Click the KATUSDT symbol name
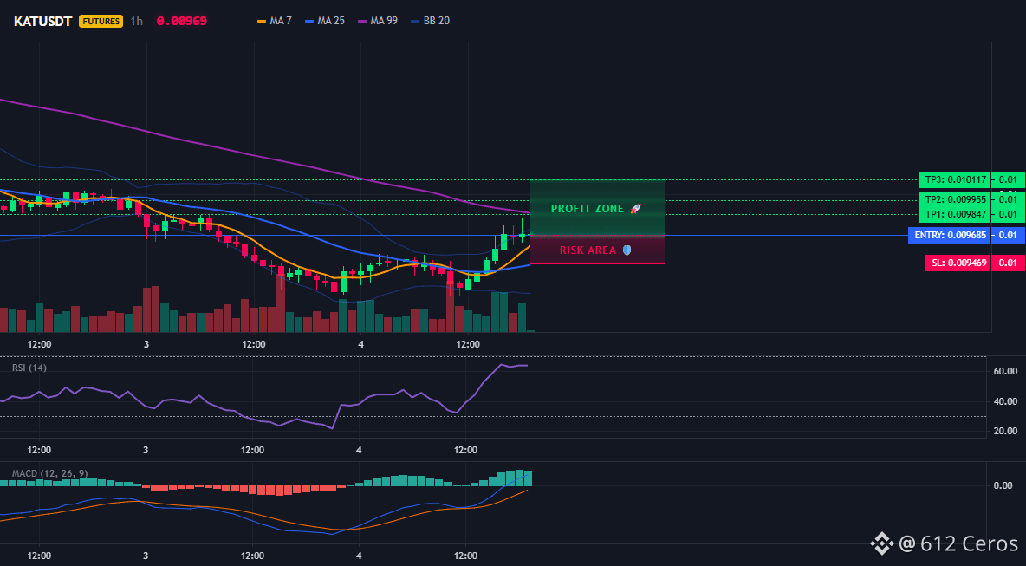tap(43, 21)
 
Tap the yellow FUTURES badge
tap(101, 21)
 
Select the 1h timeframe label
tap(136, 21)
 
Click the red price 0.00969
tap(182, 21)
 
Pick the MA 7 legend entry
tap(275, 21)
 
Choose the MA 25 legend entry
tap(325, 21)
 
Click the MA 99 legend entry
tap(378, 21)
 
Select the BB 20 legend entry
tap(430, 21)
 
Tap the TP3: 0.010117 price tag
tap(955, 180)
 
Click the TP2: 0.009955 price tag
tap(955, 199)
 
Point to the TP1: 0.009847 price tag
tap(955, 214)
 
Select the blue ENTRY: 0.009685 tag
tap(950, 236)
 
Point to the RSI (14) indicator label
tap(29, 368)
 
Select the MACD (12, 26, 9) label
tap(49, 473)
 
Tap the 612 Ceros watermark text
tap(969, 543)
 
